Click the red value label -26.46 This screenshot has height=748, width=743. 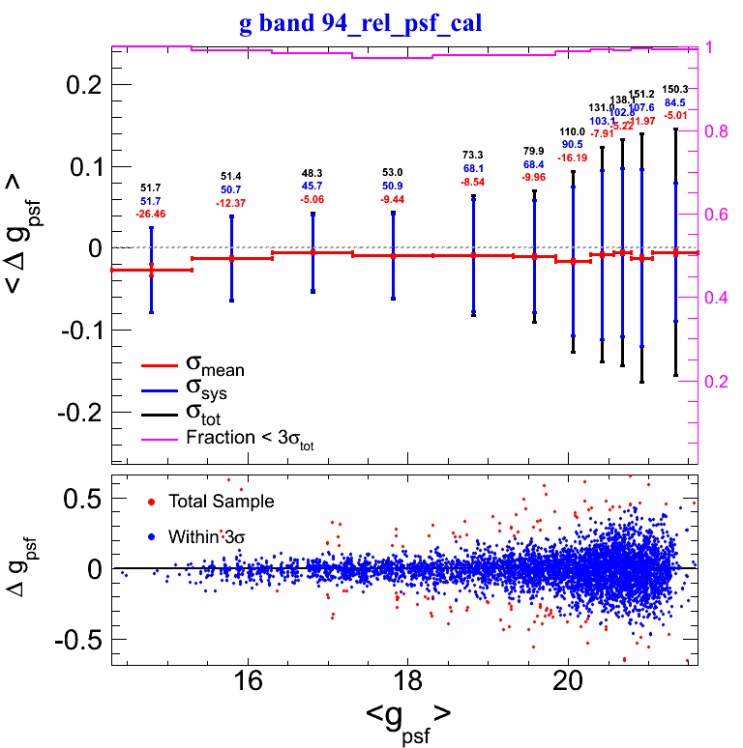151,213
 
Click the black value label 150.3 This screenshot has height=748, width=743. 674,89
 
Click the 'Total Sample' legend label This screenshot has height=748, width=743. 221,502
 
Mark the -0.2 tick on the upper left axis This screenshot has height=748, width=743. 79,412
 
